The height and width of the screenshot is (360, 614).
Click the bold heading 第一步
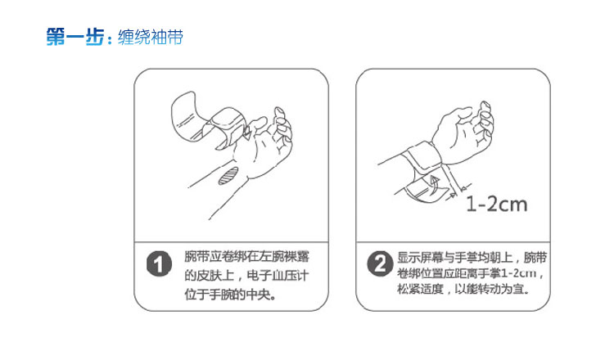75,37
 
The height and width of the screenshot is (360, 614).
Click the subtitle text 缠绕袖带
151,38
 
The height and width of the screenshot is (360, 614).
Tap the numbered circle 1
159,264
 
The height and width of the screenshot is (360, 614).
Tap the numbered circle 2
380,263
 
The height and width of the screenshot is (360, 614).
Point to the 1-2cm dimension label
497,205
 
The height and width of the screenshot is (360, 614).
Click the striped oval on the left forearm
228,175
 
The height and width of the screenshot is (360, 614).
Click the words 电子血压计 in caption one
278,276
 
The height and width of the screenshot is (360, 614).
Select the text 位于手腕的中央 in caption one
227,294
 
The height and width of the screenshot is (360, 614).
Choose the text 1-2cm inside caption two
518,272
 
